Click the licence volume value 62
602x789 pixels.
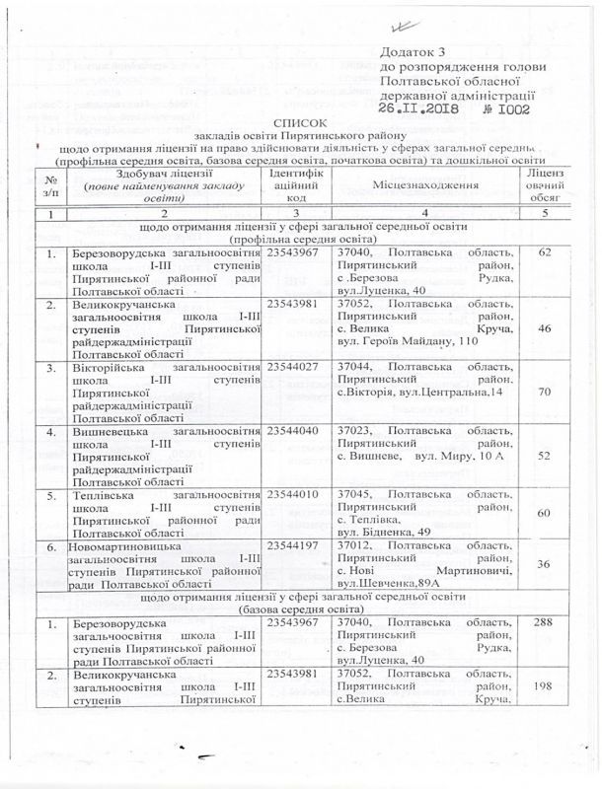[570, 253]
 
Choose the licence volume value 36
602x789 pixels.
[570, 562]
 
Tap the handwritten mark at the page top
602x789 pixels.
[399, 30]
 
